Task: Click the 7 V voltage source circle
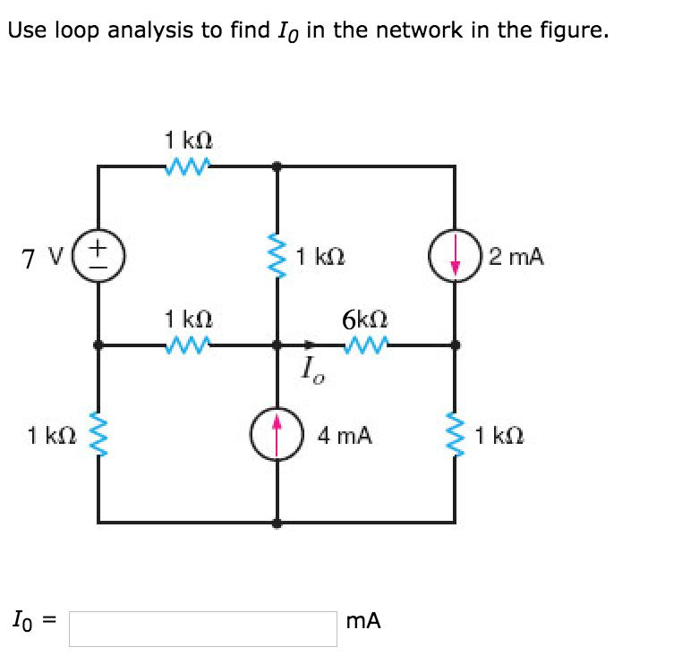click(x=98, y=255)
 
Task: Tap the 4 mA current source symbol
click(x=277, y=434)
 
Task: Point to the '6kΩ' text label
click(x=364, y=318)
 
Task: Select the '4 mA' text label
click(x=345, y=436)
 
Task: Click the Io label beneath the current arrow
click(x=312, y=368)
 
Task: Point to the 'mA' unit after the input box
click(x=362, y=620)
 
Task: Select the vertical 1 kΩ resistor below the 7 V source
click(x=98, y=435)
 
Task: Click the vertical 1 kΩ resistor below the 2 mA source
click(x=456, y=435)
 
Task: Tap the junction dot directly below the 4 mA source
click(x=277, y=522)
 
